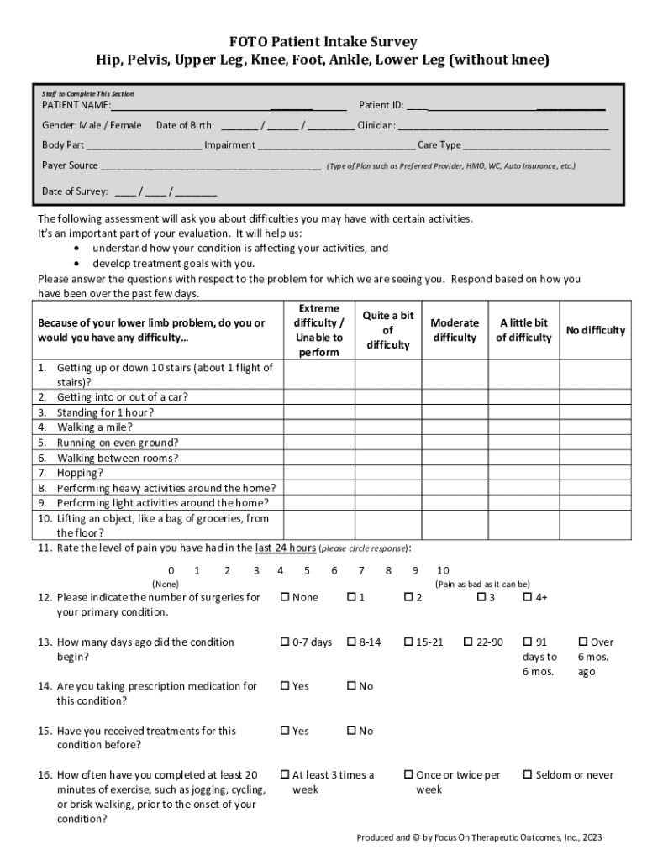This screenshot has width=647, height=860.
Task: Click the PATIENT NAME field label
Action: tap(76, 106)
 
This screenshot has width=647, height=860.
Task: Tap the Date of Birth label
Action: tap(185, 125)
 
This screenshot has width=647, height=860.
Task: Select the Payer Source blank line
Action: tap(210, 166)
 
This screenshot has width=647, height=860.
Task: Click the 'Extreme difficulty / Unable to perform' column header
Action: tap(318, 331)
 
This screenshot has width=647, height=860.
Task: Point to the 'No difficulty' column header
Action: tap(595, 330)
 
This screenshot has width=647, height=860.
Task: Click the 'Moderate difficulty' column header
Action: tap(454, 330)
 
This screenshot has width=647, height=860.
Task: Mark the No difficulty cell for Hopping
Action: tap(595, 473)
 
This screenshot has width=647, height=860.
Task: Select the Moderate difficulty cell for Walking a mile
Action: tap(454, 427)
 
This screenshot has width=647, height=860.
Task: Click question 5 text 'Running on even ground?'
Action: tap(117, 443)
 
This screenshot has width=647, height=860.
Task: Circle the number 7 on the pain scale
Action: tap(361, 570)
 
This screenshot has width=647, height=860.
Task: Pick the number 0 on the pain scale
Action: tap(171, 570)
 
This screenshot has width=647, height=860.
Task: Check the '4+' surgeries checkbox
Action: tap(529, 597)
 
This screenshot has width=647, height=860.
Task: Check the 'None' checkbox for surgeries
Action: tap(285, 597)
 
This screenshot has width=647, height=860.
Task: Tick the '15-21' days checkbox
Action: tap(408, 642)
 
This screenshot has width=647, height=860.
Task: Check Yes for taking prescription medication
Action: tap(285, 686)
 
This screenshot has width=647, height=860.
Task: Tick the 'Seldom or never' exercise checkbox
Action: tap(529, 774)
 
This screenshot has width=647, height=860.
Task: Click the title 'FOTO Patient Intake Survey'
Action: tap(323, 42)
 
